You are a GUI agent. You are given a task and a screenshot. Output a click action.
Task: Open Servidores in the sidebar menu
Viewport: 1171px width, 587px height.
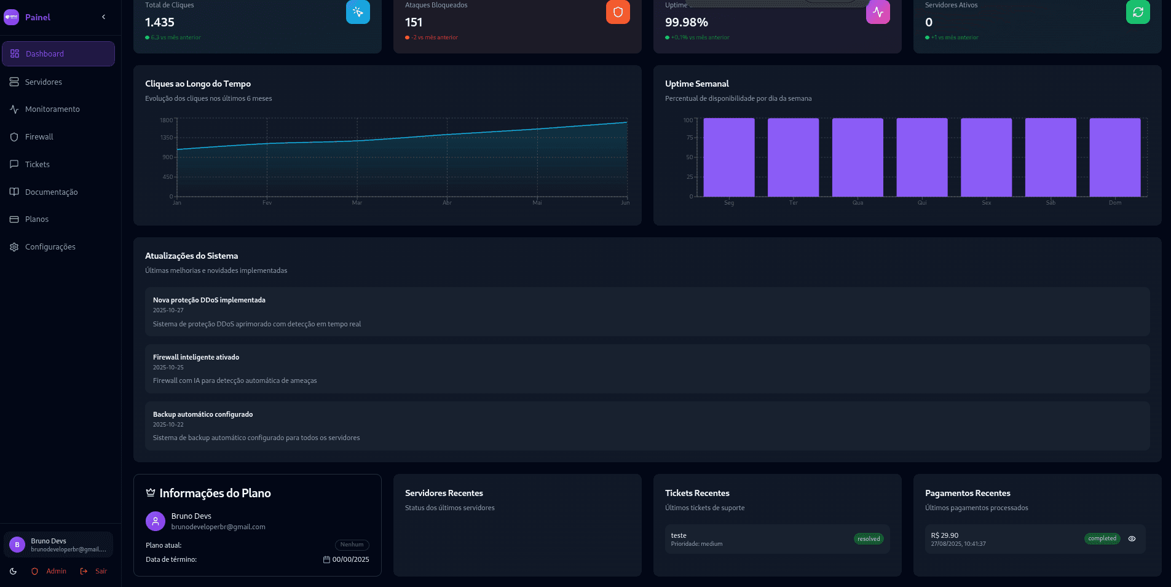coord(43,82)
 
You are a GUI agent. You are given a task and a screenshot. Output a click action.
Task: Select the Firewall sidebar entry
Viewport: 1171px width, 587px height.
coord(39,137)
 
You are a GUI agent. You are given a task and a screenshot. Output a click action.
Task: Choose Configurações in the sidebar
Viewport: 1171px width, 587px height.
coord(50,247)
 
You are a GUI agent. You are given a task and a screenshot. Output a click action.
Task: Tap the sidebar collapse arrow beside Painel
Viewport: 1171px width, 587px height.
coord(103,17)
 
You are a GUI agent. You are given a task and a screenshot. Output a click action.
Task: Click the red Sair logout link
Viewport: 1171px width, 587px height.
coord(101,572)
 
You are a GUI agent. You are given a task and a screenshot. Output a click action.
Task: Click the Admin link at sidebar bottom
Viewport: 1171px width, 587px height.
coord(56,572)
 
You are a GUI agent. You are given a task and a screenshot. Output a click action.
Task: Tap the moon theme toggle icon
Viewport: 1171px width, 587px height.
coord(14,572)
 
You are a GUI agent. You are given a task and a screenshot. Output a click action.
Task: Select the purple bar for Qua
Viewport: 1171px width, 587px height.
coord(858,157)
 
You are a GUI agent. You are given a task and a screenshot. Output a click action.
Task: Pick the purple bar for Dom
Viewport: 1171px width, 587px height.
coord(1114,157)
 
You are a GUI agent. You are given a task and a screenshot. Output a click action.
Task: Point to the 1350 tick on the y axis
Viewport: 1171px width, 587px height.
coord(167,138)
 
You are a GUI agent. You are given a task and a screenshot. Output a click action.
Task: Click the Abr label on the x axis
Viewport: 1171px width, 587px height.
coord(447,203)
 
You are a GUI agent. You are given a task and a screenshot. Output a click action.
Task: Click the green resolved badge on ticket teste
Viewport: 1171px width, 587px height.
coord(869,539)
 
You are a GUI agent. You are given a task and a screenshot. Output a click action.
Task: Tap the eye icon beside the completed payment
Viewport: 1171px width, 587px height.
coord(1132,539)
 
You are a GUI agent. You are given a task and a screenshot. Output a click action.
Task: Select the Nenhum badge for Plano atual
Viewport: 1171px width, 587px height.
coord(352,545)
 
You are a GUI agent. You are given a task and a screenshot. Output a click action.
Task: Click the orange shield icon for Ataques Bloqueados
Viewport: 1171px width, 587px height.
coord(618,12)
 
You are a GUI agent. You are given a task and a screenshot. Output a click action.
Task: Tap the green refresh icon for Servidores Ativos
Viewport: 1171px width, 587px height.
coord(1138,12)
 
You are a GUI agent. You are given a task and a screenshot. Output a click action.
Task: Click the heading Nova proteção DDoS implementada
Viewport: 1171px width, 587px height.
coord(209,301)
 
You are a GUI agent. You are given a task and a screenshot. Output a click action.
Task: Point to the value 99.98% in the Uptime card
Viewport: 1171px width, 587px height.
coord(686,23)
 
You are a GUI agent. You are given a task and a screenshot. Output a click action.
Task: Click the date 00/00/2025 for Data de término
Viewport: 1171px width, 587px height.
coord(350,560)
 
